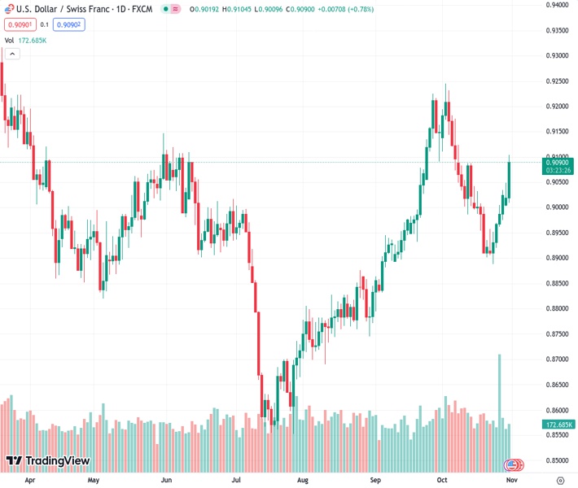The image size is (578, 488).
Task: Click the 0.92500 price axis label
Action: click(558, 81)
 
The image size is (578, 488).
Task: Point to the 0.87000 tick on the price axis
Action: click(558, 359)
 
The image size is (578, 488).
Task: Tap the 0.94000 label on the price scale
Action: click(558, 5)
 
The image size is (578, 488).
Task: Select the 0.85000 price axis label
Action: click(558, 460)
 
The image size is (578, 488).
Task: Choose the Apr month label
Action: click(30, 481)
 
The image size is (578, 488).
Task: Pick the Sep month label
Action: click(374, 481)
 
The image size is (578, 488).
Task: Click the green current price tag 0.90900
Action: click(558, 162)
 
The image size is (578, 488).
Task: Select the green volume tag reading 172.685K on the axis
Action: click(558, 425)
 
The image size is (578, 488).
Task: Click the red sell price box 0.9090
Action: click(19, 24)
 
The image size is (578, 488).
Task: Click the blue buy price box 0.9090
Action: click(68, 24)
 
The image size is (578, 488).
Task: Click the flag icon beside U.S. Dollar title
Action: click(9, 9)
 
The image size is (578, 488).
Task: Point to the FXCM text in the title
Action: click(142, 9)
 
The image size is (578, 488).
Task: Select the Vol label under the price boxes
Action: click(9, 40)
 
